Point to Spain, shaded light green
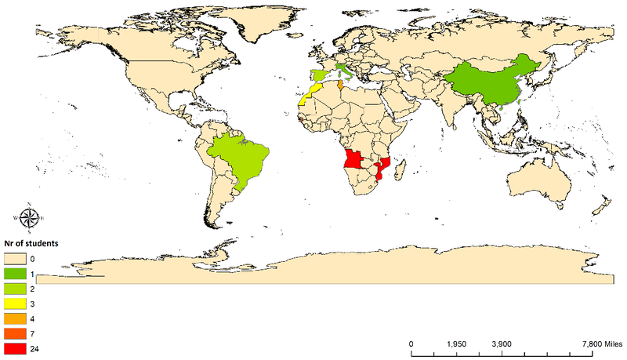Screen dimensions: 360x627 [319, 76]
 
